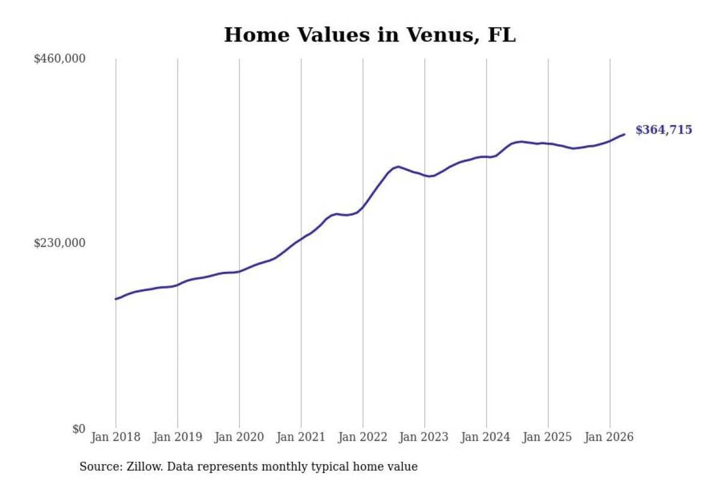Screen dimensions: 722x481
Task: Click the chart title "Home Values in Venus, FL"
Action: (x=369, y=35)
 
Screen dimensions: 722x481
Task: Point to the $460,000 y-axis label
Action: (x=60, y=59)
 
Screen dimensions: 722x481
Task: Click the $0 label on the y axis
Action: (x=79, y=429)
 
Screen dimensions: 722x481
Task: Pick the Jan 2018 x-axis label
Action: (x=116, y=437)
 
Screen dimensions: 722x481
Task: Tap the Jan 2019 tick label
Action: (x=177, y=437)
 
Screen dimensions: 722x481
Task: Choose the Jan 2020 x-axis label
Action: (x=239, y=437)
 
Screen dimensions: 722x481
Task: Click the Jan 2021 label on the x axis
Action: (x=301, y=437)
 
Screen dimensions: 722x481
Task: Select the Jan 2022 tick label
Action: (x=363, y=437)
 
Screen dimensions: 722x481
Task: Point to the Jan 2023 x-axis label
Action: (x=424, y=437)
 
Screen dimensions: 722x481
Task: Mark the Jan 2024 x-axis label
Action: (x=486, y=437)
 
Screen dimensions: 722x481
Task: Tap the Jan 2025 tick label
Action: (x=548, y=437)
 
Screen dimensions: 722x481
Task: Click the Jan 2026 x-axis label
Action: (x=609, y=437)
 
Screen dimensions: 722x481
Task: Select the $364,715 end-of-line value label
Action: (x=664, y=130)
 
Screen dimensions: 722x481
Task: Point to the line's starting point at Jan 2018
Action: (x=116, y=299)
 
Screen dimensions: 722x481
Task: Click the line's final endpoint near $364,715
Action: (x=625, y=134)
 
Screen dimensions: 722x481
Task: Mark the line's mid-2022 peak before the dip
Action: (x=398, y=167)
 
